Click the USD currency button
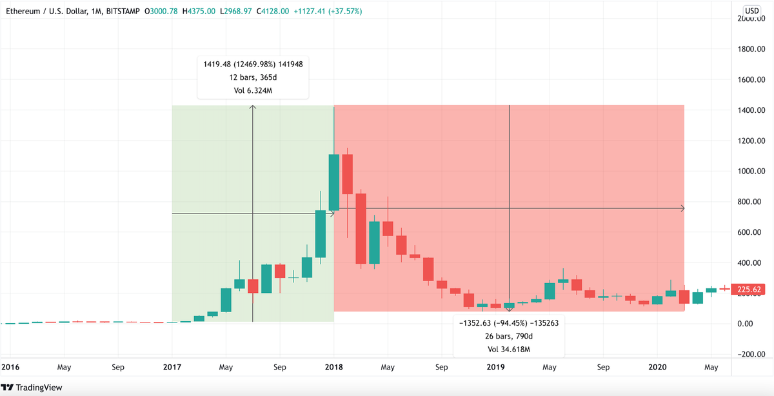[752, 11]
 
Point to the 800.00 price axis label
[752, 202]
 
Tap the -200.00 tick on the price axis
[751, 354]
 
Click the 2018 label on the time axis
[334, 368]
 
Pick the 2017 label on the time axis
[172, 368]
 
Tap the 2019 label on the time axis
[495, 368]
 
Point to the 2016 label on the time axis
[10, 368]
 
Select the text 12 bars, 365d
[252, 77]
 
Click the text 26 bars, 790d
[509, 335]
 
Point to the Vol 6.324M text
[252, 90]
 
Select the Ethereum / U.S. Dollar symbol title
[52, 11]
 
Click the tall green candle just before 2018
[334, 182]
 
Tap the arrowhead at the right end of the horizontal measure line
[682, 208]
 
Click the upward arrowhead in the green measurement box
[253, 108]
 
